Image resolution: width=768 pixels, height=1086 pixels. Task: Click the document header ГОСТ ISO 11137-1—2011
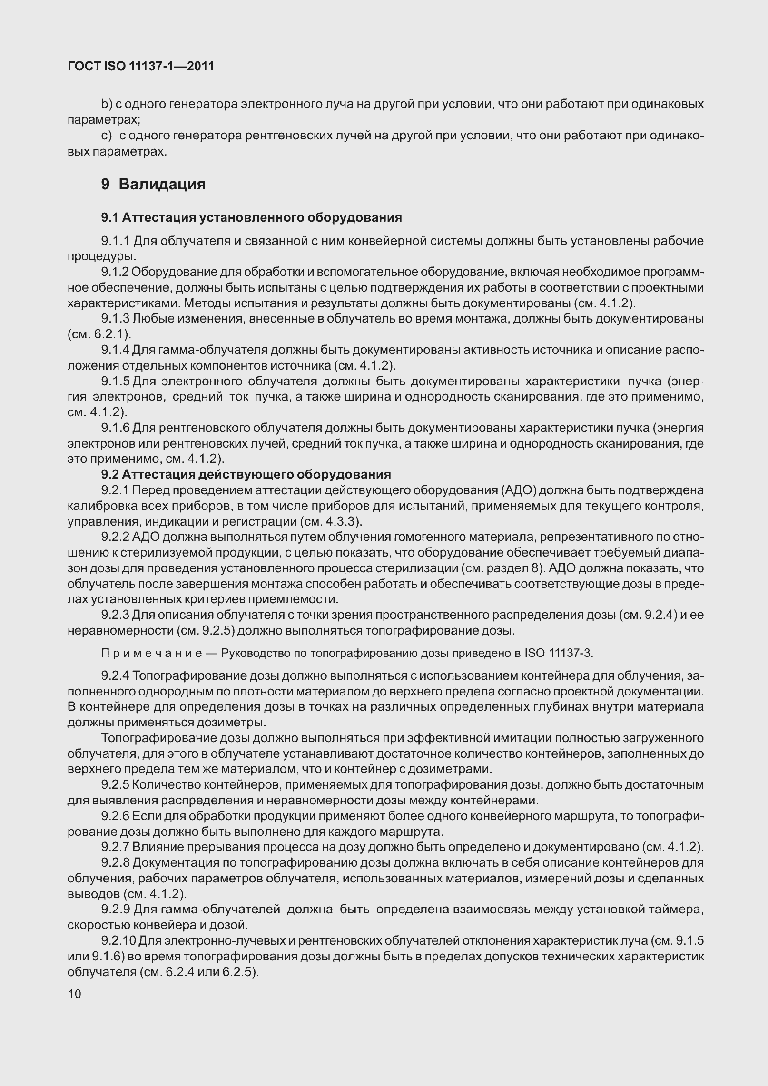click(x=141, y=67)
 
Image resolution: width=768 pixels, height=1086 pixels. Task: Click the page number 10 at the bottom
click(x=75, y=994)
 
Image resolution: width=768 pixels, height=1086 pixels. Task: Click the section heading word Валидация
click(x=162, y=184)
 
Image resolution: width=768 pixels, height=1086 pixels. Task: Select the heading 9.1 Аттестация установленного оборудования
click(x=251, y=218)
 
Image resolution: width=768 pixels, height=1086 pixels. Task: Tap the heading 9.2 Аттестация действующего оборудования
click(x=246, y=474)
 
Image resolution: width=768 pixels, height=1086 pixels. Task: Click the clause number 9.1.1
click(x=115, y=241)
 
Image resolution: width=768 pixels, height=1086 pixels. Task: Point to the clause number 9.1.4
click(x=115, y=350)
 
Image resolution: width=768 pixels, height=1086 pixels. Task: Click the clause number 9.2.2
click(x=115, y=537)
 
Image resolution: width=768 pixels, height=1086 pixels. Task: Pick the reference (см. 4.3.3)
click(x=331, y=521)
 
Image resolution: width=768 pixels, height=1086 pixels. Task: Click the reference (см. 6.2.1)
click(x=99, y=334)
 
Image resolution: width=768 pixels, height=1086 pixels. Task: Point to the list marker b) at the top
click(x=106, y=104)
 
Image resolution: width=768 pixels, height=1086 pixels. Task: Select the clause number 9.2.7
click(x=115, y=847)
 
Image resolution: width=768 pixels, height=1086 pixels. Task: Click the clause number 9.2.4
click(x=115, y=675)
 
